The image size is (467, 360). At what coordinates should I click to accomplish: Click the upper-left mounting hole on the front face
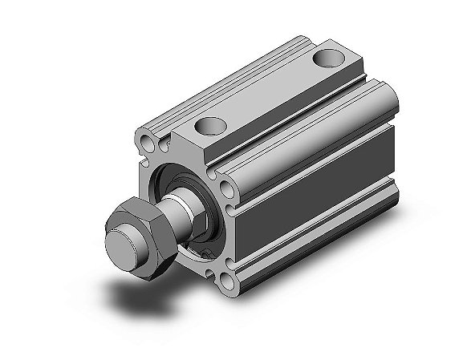click(148, 144)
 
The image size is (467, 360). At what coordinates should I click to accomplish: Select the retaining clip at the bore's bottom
click(205, 253)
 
